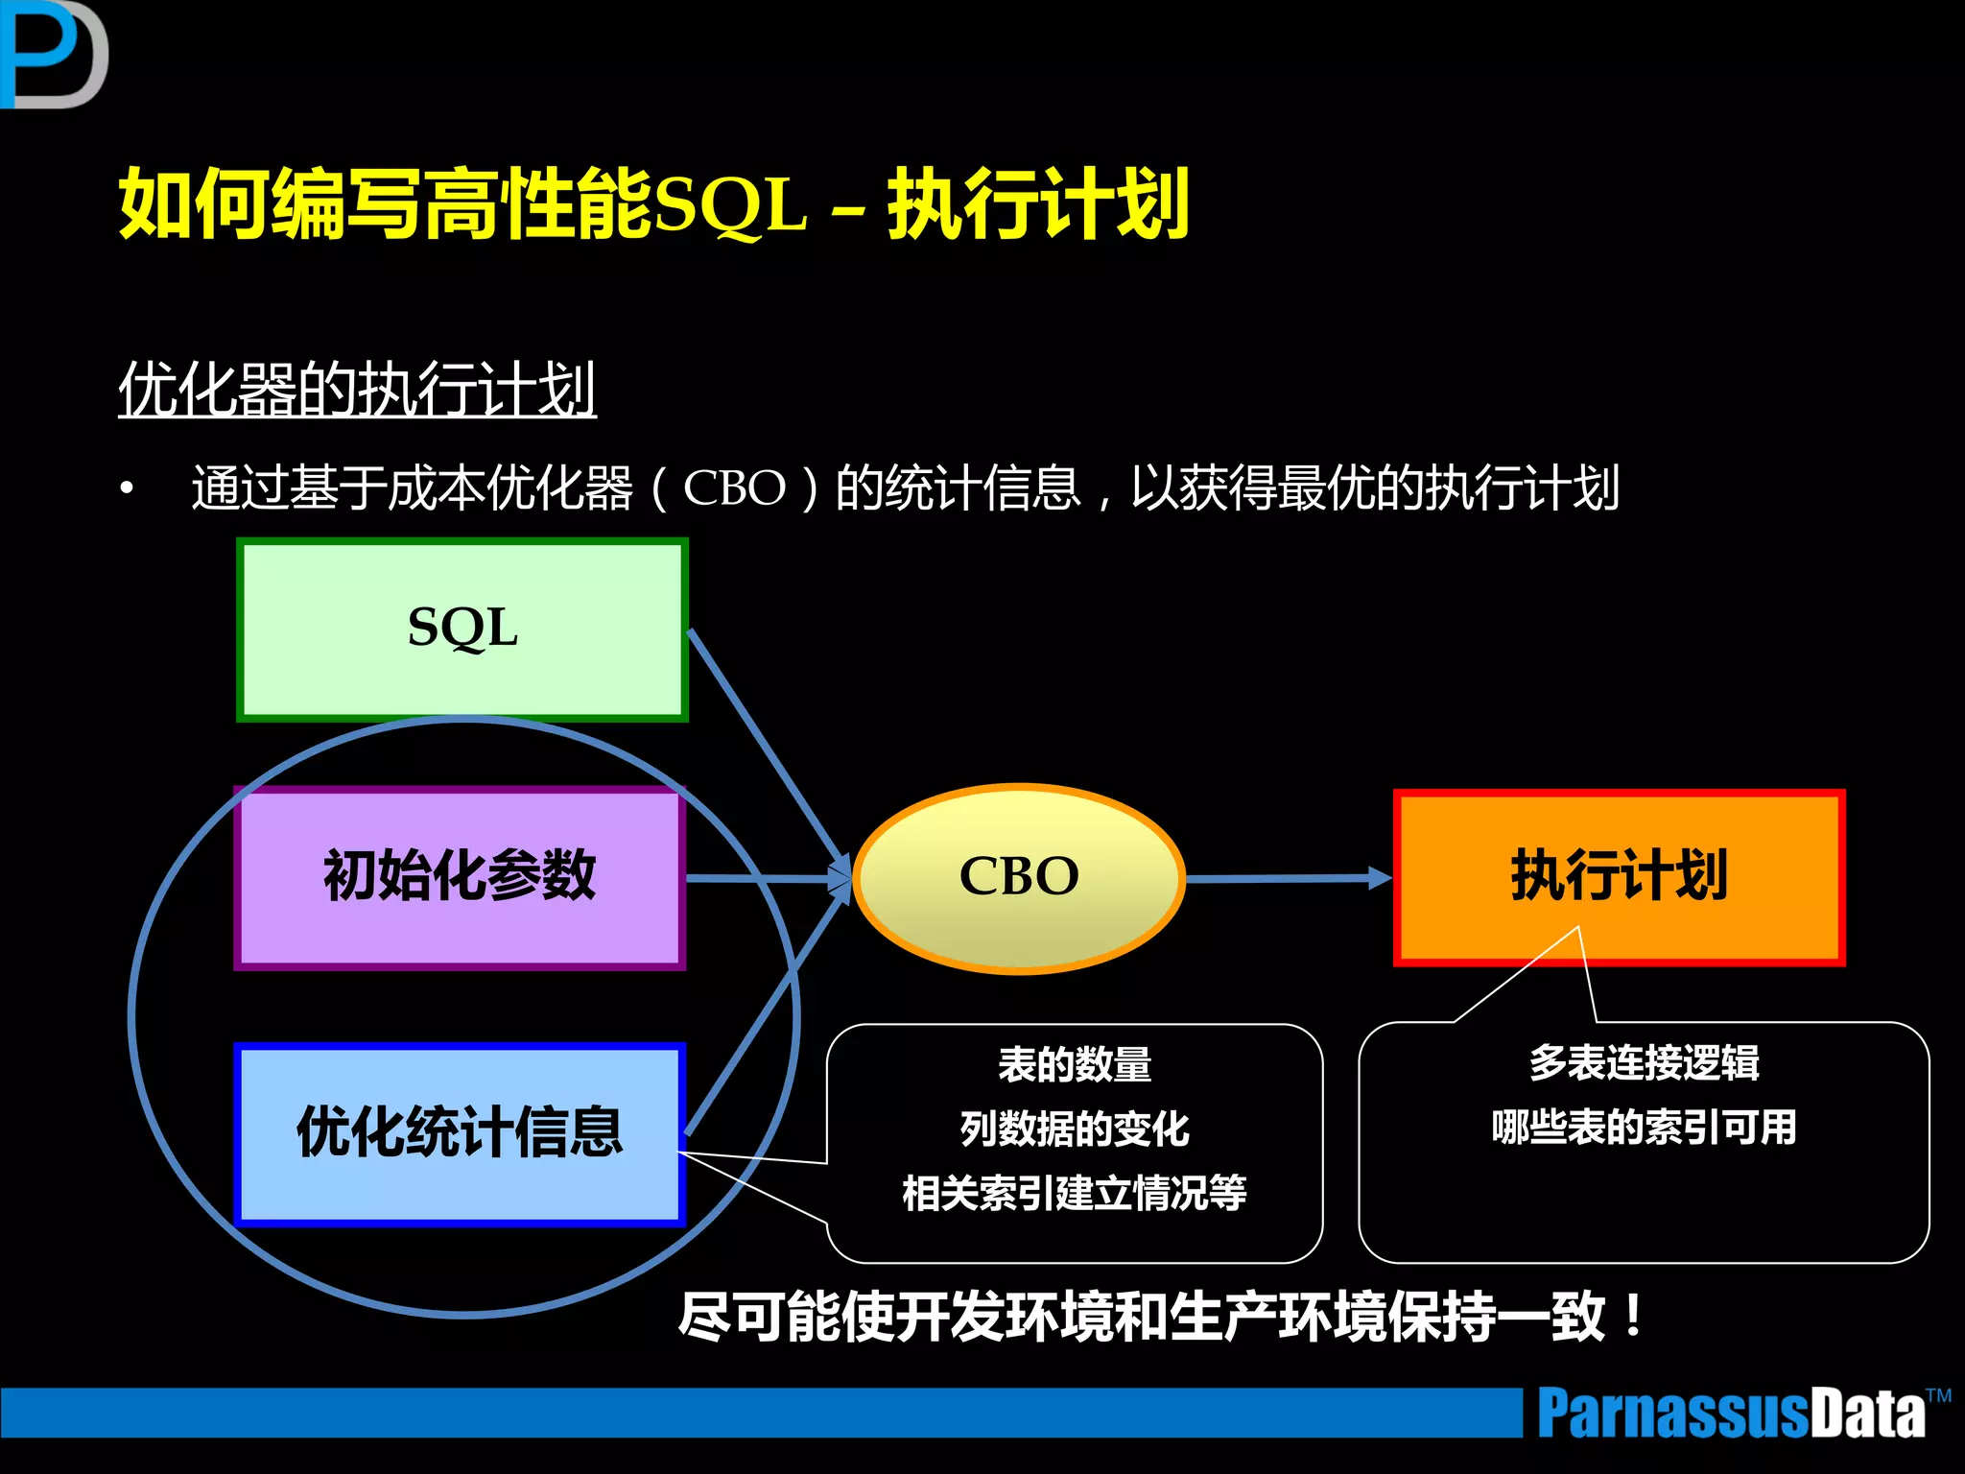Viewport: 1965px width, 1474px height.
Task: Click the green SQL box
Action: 462,630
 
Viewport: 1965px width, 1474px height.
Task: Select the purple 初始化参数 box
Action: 460,877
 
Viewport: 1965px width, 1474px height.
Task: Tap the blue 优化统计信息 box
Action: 460,1133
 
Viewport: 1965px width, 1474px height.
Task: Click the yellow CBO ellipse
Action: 1019,877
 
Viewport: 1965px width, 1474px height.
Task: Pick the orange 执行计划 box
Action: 1619,877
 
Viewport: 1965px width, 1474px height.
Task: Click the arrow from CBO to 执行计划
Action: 1286,878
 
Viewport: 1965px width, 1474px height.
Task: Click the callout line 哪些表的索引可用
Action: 1644,1128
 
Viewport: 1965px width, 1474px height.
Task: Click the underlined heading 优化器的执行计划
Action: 357,390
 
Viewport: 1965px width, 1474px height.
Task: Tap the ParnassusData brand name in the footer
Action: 1730,1414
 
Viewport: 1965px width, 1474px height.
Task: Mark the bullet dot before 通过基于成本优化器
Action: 127,489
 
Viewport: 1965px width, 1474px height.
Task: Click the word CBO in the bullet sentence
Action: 734,488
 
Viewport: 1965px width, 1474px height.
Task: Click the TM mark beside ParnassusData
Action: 1938,1395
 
